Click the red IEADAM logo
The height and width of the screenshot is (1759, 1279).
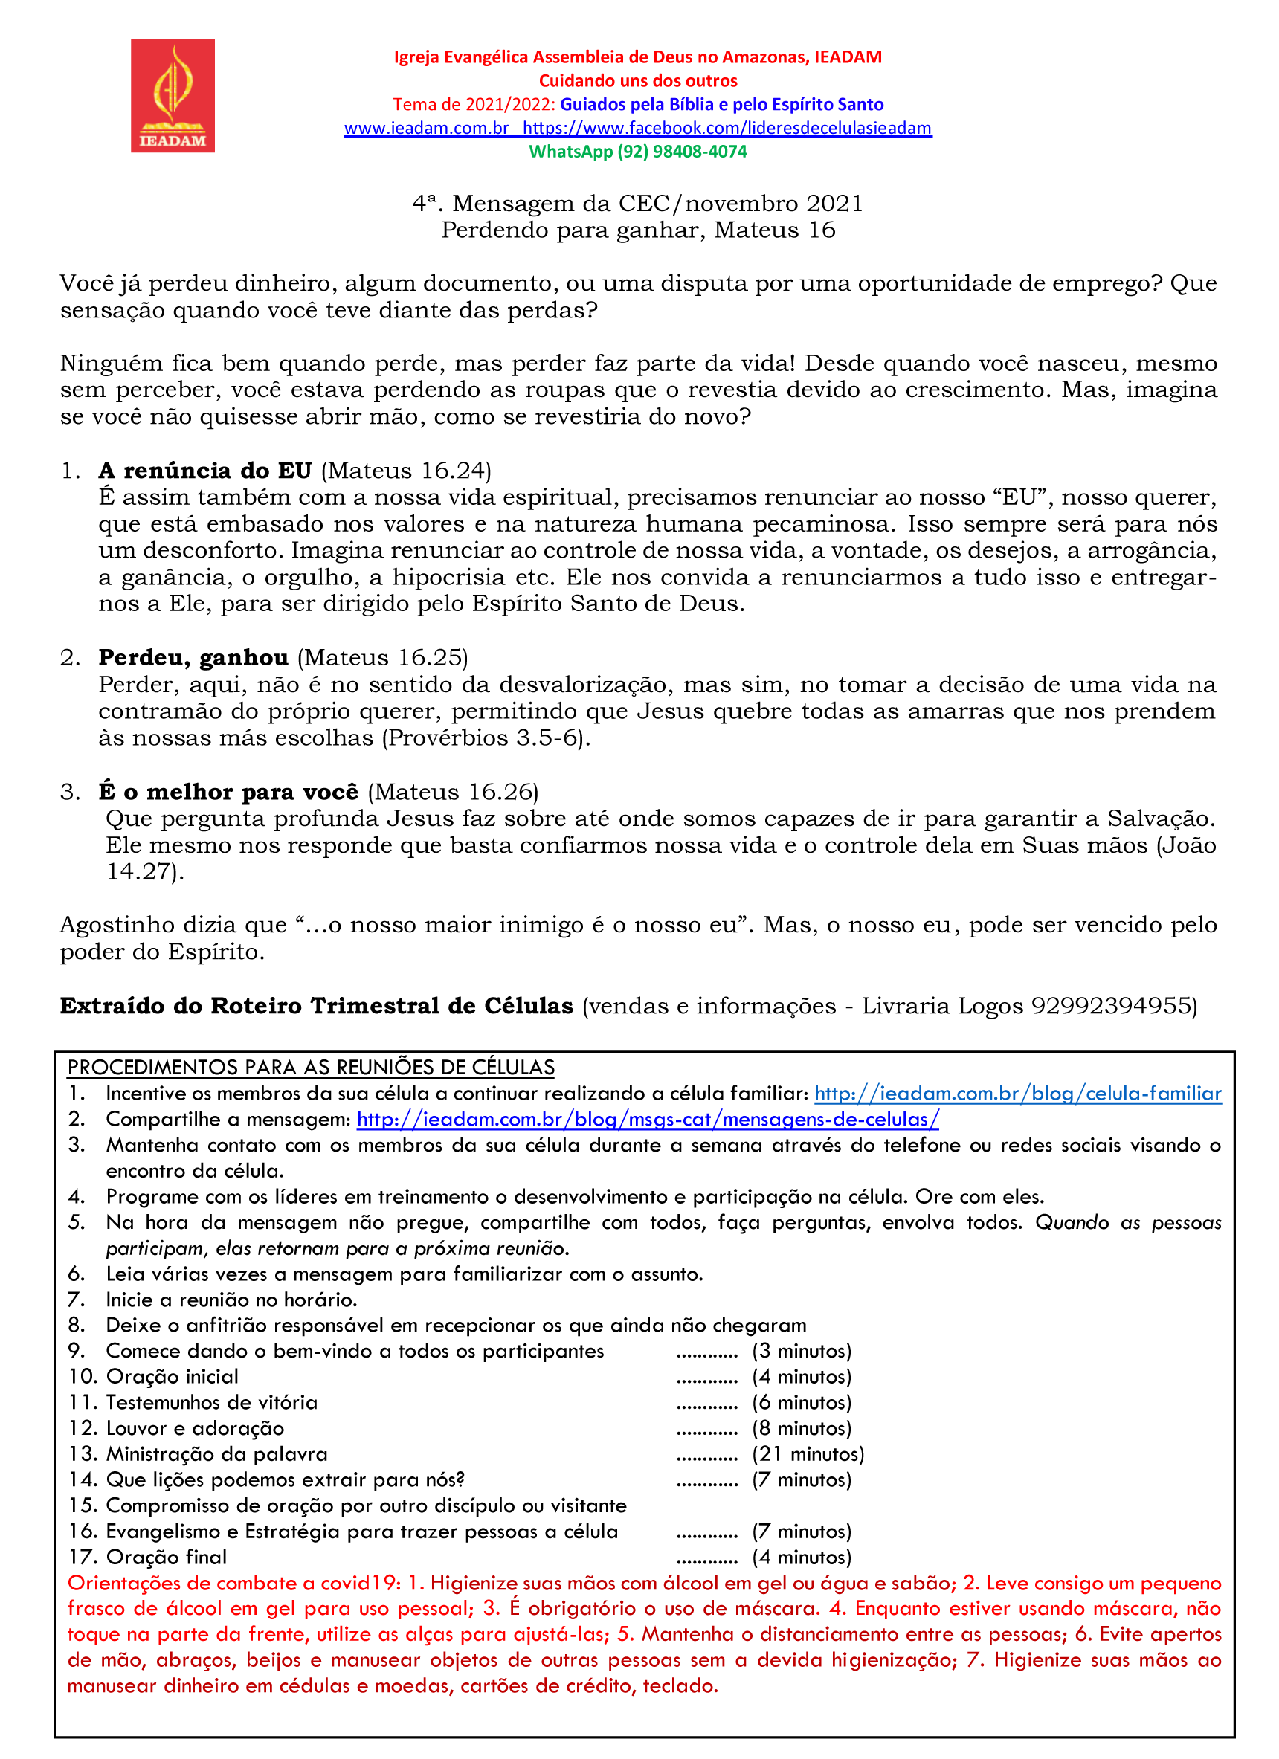click(173, 95)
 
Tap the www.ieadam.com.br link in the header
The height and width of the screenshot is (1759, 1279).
click(426, 128)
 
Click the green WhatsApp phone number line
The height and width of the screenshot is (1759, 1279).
click(637, 151)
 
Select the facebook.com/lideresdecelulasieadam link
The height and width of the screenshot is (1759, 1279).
click(727, 128)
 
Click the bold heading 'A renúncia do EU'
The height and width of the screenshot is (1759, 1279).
click(204, 471)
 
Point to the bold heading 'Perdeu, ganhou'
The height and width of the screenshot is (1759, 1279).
click(193, 658)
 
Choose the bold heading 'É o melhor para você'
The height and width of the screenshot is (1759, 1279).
click(229, 792)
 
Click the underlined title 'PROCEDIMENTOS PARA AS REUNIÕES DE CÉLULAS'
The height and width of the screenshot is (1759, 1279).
click(311, 1067)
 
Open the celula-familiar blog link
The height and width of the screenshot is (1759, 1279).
click(1017, 1094)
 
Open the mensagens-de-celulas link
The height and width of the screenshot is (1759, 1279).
click(648, 1119)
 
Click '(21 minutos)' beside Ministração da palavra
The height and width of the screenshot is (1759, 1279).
click(808, 1454)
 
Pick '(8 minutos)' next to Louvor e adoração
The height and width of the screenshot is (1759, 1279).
click(801, 1429)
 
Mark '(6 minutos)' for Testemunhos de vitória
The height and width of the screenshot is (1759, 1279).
click(801, 1403)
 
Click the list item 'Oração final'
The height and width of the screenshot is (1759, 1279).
click(166, 1558)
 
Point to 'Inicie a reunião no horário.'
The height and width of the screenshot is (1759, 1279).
click(231, 1300)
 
